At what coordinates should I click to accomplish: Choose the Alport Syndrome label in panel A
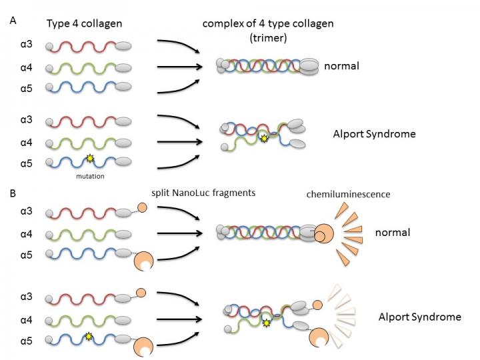coord(374,134)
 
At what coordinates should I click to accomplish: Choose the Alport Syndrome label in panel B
coord(419,317)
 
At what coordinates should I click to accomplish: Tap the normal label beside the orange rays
coord(392,233)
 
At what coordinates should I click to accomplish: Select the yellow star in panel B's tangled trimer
coord(267,323)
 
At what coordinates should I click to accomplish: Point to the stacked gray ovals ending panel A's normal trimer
coord(308,66)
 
